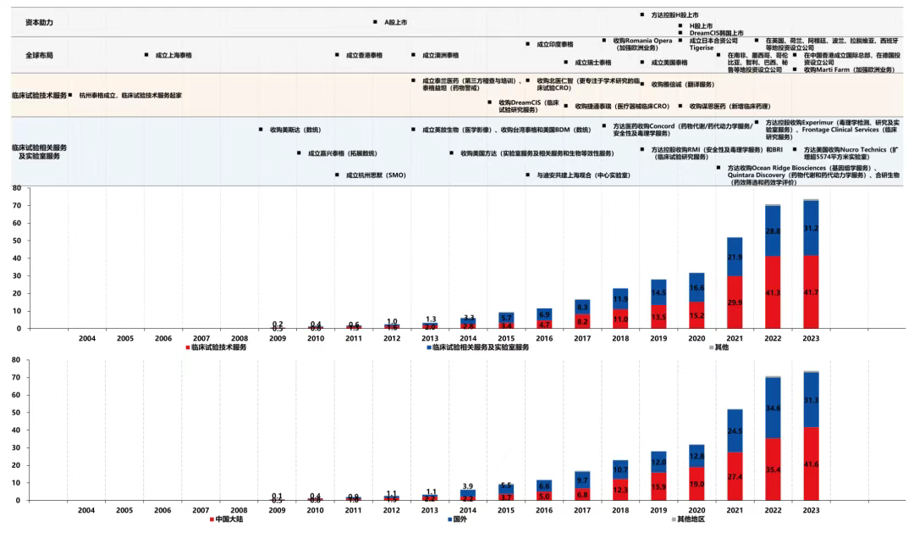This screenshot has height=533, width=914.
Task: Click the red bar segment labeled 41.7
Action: tap(812, 292)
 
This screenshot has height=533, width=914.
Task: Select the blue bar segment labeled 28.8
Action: tap(773, 230)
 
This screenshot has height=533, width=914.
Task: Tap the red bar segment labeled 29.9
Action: tap(735, 303)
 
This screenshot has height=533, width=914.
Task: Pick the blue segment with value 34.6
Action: tap(773, 408)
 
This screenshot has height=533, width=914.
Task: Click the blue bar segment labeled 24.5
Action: tap(735, 430)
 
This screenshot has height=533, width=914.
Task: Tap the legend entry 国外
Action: tap(460, 518)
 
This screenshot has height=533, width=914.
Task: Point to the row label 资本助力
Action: tap(39, 22)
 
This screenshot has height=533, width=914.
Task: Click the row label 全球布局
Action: tap(39, 54)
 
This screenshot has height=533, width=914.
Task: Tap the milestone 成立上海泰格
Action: tap(173, 54)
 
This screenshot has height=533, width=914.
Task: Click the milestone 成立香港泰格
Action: tap(364, 54)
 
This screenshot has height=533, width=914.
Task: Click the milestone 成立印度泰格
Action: tap(554, 44)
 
